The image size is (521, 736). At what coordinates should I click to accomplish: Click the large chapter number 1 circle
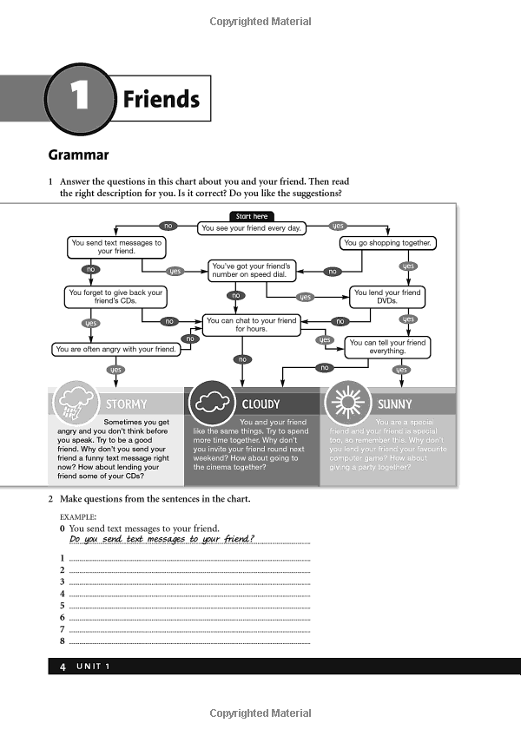pos(79,98)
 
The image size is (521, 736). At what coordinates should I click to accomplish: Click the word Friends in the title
pos(161,99)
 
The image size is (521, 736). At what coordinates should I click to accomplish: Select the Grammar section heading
pos(78,155)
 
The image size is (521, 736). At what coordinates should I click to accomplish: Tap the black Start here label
pos(252,216)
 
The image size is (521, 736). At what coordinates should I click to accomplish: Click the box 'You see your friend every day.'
pos(251,228)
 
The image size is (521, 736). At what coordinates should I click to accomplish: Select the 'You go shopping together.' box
pos(387,243)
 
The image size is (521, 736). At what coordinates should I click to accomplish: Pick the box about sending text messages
pos(116,247)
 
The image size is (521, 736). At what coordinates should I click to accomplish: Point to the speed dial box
pos(252,269)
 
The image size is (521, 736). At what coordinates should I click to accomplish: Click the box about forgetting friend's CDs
pos(116,297)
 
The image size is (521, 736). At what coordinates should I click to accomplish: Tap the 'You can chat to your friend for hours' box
pos(251,325)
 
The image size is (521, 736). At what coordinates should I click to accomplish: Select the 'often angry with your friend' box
pos(116,349)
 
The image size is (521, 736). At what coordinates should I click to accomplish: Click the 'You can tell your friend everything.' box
pos(387,347)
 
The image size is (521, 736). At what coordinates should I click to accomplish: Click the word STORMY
pos(126,404)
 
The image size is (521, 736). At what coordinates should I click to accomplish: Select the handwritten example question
pos(162,539)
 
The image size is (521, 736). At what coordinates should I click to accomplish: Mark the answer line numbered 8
pos(189,641)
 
